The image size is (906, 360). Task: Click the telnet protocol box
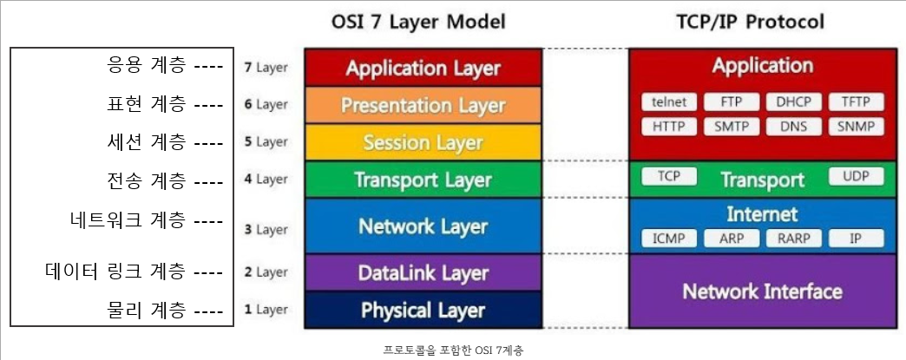pos(669,101)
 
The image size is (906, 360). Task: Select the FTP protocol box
pos(731,101)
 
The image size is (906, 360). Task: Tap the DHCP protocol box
pos(793,101)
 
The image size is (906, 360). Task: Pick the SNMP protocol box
pos(856,126)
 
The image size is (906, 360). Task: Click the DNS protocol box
pos(793,126)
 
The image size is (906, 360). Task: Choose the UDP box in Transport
pos(856,177)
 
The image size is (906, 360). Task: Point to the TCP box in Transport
pos(668,177)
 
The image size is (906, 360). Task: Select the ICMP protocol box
pos(668,238)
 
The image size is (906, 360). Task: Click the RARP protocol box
pos(793,238)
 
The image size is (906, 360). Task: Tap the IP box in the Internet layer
pos(856,238)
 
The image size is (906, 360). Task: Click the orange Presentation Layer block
pos(423,105)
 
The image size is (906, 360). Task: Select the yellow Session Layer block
pos(423,142)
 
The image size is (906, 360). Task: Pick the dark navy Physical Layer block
pos(423,310)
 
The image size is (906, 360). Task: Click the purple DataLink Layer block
pos(423,273)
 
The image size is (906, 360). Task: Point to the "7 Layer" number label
pos(266,68)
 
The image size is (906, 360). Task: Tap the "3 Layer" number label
pos(266,230)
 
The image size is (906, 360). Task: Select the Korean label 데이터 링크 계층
pos(115,272)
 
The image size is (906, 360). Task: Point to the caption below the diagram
pos(453,350)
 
